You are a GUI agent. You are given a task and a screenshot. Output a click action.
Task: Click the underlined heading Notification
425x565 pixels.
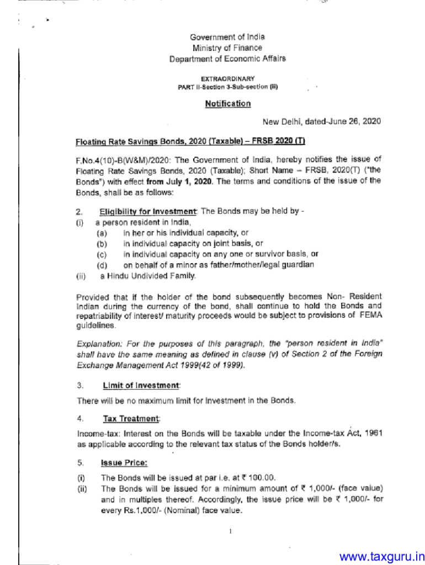coord(227,104)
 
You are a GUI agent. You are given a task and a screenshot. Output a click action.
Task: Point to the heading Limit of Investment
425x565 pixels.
coord(140,385)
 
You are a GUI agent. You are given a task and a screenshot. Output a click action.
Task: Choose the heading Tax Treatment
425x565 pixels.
coord(130,419)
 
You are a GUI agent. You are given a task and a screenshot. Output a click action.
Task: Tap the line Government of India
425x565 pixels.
coord(227,37)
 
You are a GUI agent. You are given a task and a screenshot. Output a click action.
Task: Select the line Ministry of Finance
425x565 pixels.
coord(227,48)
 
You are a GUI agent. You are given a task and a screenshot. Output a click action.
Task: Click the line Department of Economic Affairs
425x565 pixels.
coord(227,58)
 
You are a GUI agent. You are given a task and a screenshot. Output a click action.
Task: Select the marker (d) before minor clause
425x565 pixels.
coord(102,265)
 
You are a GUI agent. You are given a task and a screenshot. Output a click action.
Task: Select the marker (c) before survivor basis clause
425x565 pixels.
coord(102,254)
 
